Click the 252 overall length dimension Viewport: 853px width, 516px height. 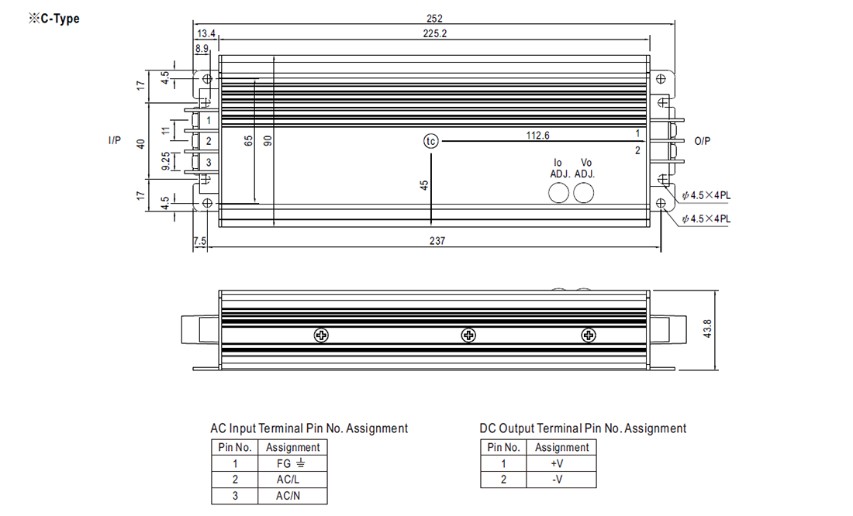(x=433, y=18)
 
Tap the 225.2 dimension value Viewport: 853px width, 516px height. (x=433, y=33)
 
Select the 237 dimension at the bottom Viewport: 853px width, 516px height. (x=437, y=241)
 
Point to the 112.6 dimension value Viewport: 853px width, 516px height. (x=537, y=135)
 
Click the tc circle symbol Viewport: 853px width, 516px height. (x=430, y=141)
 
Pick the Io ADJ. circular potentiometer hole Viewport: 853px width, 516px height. (x=558, y=193)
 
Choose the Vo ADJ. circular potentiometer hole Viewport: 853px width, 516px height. (x=585, y=193)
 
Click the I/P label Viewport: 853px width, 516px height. (x=114, y=140)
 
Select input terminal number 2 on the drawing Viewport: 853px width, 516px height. (x=209, y=141)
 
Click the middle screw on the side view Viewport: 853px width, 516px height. (x=468, y=335)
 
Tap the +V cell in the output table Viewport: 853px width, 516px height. (x=561, y=463)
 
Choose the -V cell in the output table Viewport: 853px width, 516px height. (x=561, y=480)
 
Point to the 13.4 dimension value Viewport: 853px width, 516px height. (x=205, y=33)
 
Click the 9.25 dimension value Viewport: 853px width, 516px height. (x=165, y=161)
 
